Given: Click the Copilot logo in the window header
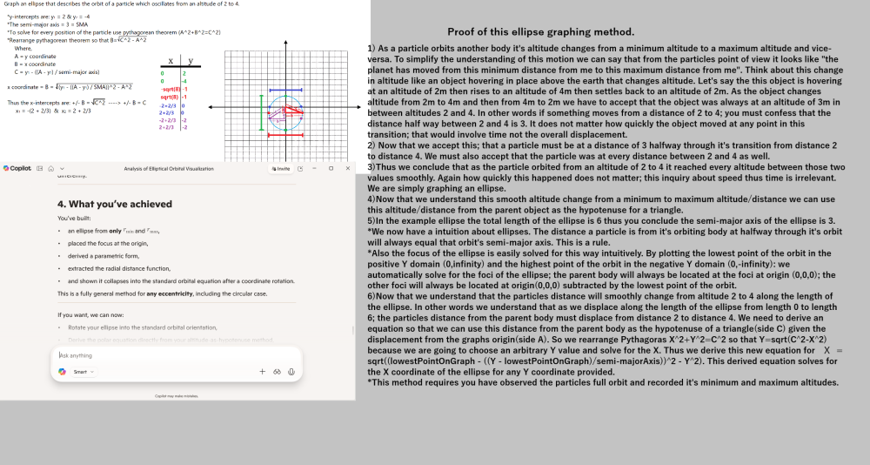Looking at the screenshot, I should pos(7,167).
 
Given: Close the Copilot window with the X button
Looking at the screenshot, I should pos(344,167).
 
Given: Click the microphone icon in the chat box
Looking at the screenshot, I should pos(291,372).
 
